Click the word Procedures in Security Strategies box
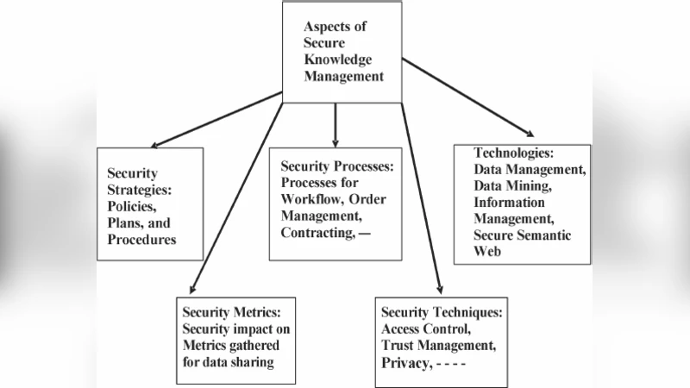pyautogui.click(x=141, y=240)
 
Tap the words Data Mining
pyautogui.click(x=512, y=185)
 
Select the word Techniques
pyautogui.click(x=468, y=311)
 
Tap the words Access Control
pyautogui.click(x=425, y=329)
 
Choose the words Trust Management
pyautogui.click(x=438, y=346)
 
